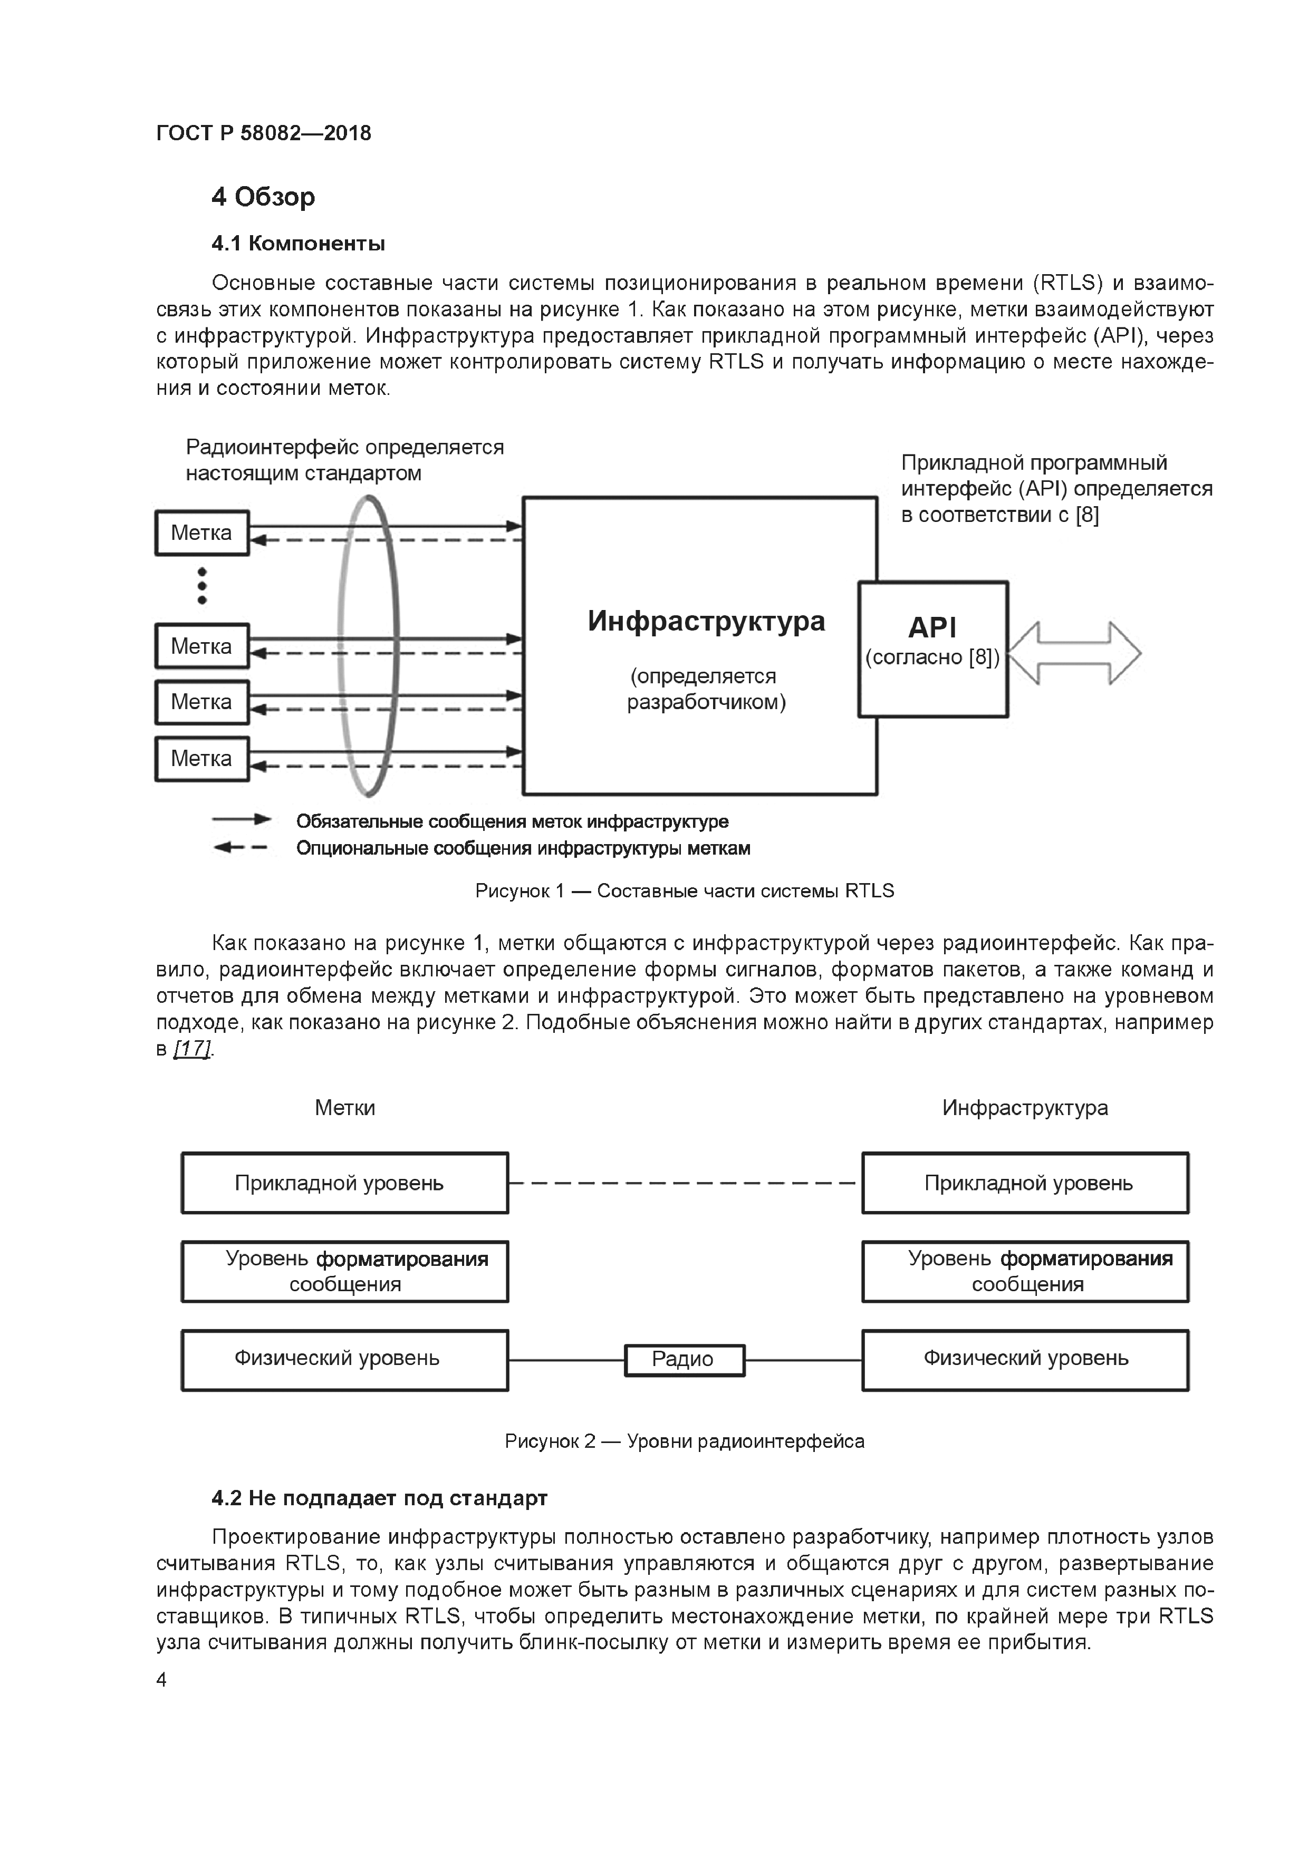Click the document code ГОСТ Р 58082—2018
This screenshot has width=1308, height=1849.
coord(263,133)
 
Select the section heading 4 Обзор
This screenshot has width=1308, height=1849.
coord(263,197)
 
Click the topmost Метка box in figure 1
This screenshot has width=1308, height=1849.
coord(202,533)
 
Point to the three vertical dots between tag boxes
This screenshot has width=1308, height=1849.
coord(202,585)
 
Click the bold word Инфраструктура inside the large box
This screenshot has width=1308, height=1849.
coord(706,622)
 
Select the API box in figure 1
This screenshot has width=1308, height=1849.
coord(932,648)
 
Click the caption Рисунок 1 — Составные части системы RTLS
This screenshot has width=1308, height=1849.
coord(684,890)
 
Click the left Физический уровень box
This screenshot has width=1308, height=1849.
coord(345,1359)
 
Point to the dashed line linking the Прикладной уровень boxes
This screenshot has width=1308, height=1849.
coord(684,1183)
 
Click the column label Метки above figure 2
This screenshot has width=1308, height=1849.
coord(345,1108)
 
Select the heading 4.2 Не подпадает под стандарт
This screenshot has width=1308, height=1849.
coord(379,1498)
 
